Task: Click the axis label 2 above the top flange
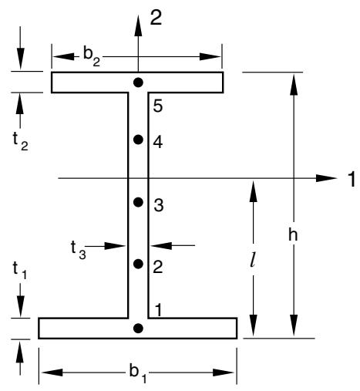pos(156,18)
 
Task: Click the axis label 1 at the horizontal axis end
pos(352,179)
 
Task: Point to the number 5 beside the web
pos(158,106)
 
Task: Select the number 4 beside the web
pos(158,142)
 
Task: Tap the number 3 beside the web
pos(159,205)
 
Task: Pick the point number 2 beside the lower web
pos(158,267)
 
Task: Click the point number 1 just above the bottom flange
pos(159,310)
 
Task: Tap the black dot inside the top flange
pos(138,83)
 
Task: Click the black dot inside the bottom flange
pos(138,328)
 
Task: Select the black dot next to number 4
pos(138,140)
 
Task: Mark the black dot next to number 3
pos(138,202)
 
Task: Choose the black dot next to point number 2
pos(138,264)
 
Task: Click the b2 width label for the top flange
pos(92,57)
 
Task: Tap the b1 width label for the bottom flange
pos(138,373)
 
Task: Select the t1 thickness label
pos(20,271)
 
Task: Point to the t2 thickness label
pos(20,143)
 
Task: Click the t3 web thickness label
pos(79,250)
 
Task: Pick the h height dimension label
pos(293,234)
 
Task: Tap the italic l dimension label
pos(253,261)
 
